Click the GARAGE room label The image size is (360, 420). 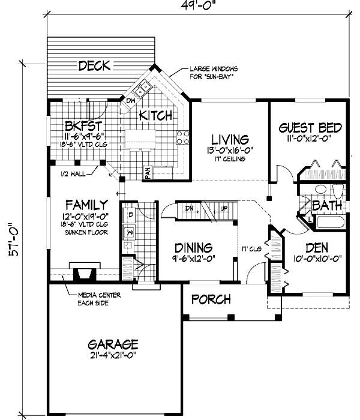[x=113, y=344]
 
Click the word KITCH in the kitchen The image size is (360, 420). [x=157, y=115]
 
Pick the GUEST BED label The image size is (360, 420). [x=310, y=128]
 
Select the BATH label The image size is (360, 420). [x=327, y=206]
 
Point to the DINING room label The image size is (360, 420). [x=194, y=247]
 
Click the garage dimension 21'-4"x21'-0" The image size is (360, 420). [x=113, y=355]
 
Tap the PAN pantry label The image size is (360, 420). [x=146, y=173]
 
